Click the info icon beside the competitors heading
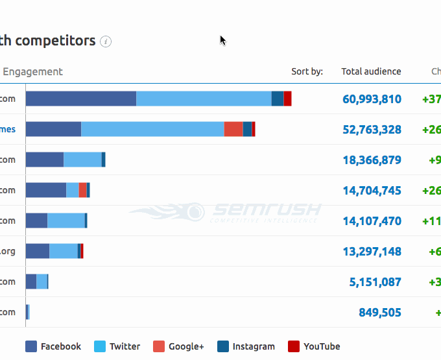pos(106,42)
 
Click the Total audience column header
pos(371,71)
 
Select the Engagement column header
pos(32,71)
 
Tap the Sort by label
pos(307,71)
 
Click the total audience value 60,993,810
pos(372,99)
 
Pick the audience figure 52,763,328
pos(372,130)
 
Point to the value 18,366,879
pos(372,160)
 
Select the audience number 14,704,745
pos(372,191)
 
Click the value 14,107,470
pos(372,221)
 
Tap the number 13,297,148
pos(372,252)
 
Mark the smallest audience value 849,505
pos(379,313)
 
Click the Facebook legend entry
pos(53,346)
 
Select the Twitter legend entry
pos(117,346)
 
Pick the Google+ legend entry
pos(178,346)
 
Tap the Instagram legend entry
pos(246,346)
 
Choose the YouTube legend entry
pos(313,346)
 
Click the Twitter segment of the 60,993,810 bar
pos(204,99)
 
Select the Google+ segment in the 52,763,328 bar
pos(233,129)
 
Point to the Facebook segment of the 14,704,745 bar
pos(45,190)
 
